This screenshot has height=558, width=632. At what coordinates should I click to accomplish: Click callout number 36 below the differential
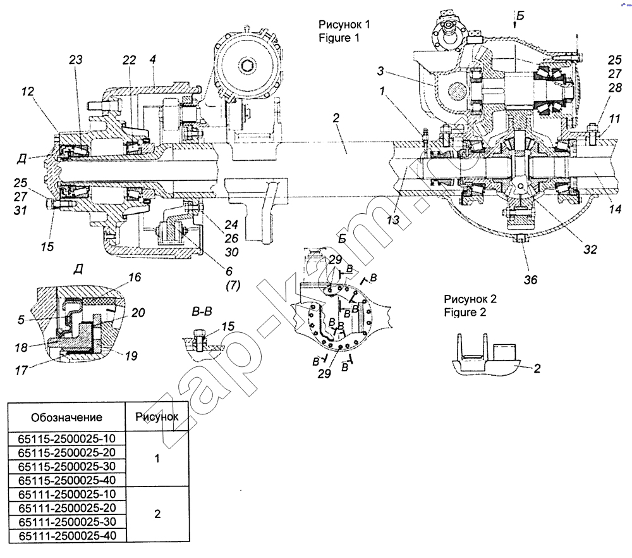(x=531, y=279)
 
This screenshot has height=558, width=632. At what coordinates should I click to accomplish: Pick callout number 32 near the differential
(x=590, y=250)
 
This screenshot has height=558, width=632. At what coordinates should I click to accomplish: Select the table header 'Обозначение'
(x=66, y=418)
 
